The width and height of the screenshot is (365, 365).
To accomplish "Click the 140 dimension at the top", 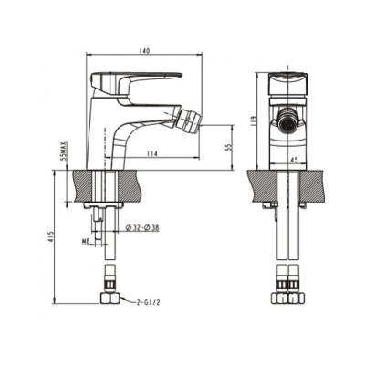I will (145, 50).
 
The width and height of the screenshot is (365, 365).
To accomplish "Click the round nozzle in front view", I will (285, 119).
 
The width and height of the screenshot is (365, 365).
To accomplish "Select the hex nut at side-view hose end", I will (109, 299).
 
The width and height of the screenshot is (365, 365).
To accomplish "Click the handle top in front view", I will (285, 78).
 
